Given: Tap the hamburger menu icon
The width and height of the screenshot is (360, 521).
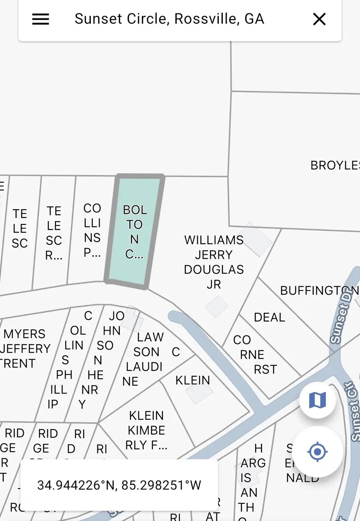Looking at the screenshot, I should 40,19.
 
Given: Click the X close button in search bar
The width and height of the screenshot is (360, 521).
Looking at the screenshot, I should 319,19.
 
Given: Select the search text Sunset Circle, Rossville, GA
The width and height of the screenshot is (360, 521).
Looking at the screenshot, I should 169,19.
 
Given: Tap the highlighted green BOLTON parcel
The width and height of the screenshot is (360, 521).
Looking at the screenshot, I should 134,232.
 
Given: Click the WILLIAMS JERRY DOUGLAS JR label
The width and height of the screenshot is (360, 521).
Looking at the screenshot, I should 214,262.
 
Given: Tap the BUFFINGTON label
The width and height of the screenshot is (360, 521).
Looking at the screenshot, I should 319,291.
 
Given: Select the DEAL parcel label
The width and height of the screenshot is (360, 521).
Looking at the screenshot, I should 269,317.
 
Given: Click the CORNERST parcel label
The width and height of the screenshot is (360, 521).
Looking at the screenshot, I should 254,355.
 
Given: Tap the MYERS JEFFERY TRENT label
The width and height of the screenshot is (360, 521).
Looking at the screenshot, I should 25,348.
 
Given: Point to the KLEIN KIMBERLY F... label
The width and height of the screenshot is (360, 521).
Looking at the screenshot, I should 146,430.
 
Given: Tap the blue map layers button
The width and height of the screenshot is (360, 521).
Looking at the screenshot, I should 318,400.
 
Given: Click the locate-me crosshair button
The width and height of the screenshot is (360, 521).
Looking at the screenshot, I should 318,452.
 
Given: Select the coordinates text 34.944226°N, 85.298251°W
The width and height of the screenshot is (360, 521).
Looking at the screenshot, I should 119,485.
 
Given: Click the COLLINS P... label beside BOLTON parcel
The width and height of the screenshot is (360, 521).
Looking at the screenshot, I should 92,230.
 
